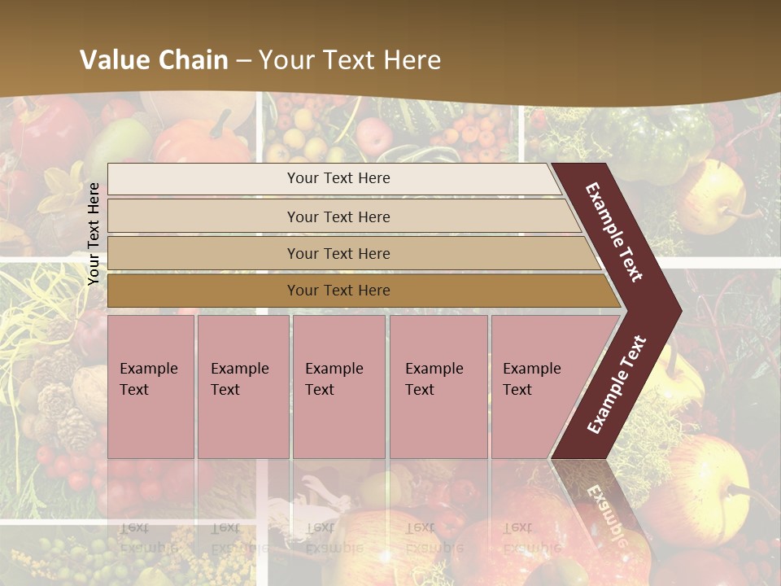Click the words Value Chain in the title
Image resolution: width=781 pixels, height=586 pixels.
[x=154, y=60]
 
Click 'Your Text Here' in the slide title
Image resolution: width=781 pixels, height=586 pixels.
[x=350, y=60]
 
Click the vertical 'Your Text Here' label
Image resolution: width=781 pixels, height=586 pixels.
[x=94, y=234]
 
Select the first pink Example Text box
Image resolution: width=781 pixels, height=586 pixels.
[x=151, y=387]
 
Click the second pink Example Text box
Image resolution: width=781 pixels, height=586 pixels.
[x=242, y=387]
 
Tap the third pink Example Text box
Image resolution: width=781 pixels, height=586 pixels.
[x=338, y=387]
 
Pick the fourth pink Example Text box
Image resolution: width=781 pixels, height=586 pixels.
[x=438, y=387]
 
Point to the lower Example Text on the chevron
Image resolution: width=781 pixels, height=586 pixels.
[x=617, y=384]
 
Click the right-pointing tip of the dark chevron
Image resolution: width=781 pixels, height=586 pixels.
[x=677, y=310]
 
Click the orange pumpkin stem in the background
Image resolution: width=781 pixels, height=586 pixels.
[x=220, y=124]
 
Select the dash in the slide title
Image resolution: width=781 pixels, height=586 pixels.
[x=243, y=60]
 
